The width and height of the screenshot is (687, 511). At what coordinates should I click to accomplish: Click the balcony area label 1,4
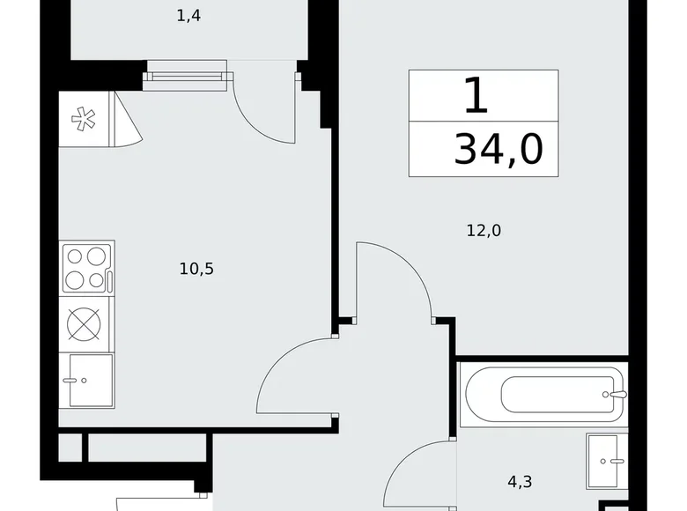click(x=188, y=16)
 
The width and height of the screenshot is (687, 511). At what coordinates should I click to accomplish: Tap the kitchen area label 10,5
click(x=196, y=269)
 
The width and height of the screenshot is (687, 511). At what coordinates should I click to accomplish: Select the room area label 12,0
click(x=484, y=231)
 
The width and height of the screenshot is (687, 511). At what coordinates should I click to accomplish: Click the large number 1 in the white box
click(x=476, y=95)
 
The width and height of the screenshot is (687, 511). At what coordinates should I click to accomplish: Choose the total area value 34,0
click(x=499, y=149)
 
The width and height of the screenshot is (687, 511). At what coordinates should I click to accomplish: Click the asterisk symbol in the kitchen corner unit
click(x=84, y=119)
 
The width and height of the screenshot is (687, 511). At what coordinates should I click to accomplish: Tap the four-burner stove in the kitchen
click(x=85, y=269)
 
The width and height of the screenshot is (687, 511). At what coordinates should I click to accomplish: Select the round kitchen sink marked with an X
click(x=85, y=323)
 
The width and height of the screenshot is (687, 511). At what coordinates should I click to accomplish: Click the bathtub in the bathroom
click(x=542, y=393)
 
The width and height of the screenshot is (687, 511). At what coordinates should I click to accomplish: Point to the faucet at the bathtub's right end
click(x=619, y=394)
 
